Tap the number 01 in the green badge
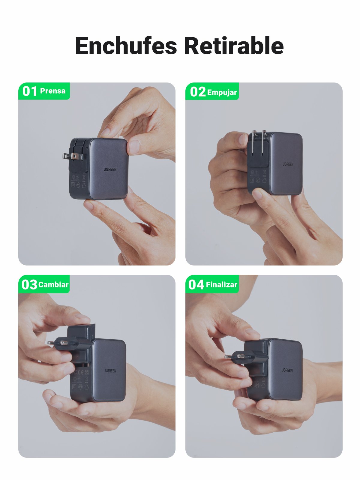click(x=29, y=91)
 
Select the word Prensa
click(x=53, y=91)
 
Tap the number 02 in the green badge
click(x=197, y=92)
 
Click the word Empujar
click(x=222, y=92)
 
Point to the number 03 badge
click(x=29, y=284)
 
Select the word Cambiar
click(x=53, y=284)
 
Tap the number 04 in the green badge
click(x=196, y=284)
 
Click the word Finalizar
click(x=221, y=284)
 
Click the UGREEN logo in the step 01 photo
click(x=110, y=169)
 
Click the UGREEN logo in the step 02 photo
click(x=288, y=164)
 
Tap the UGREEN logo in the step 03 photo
click(x=110, y=371)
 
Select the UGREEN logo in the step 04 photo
click(x=287, y=370)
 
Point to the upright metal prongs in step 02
click(x=259, y=141)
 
